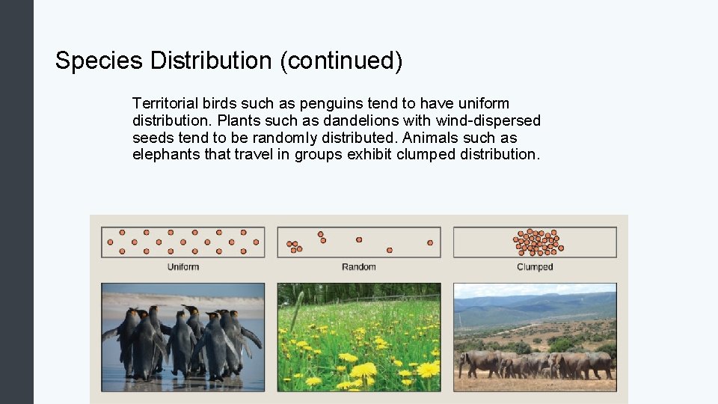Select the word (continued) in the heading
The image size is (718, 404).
click(341, 61)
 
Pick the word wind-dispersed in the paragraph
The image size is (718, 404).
click(487, 120)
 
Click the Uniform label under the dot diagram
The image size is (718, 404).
click(182, 267)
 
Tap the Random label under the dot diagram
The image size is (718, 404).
click(359, 267)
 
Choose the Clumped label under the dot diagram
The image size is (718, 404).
click(535, 267)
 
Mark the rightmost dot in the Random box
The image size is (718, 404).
click(430, 242)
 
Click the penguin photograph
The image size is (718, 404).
click(182, 337)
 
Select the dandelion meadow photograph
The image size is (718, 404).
click(359, 337)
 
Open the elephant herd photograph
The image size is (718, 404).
click(535, 337)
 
